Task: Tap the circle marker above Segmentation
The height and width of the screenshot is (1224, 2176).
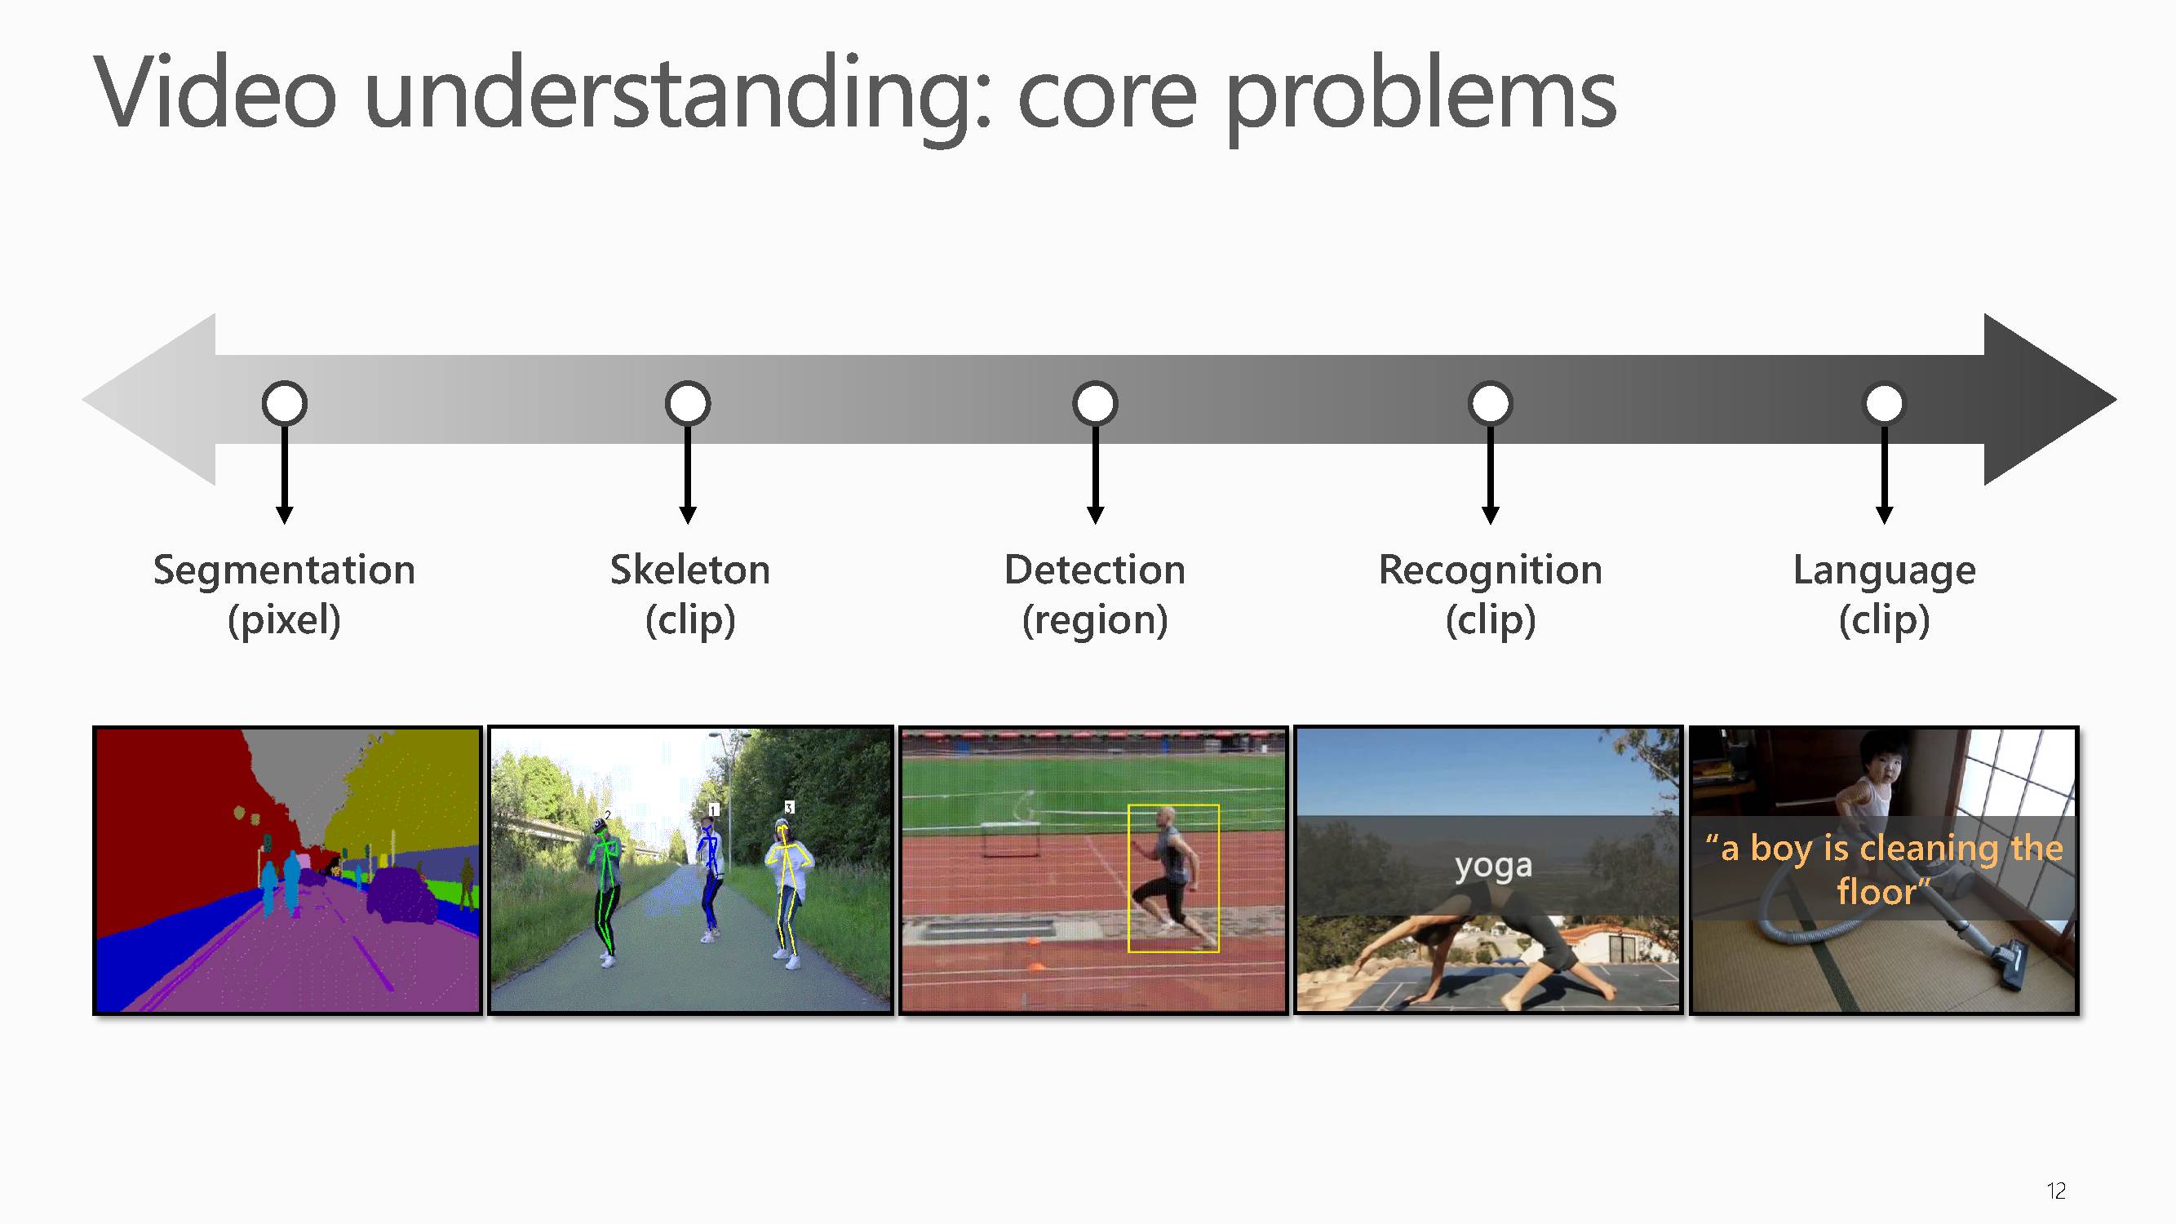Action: click(285, 403)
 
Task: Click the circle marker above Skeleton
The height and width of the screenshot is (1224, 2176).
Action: click(688, 403)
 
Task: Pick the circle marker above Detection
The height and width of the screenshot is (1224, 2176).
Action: click(1096, 403)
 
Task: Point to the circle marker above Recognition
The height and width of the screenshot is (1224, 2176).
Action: click(1490, 403)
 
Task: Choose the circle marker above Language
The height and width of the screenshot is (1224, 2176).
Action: click(1884, 403)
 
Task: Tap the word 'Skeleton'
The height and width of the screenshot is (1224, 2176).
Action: click(690, 570)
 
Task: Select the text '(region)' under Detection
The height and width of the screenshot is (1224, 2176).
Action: click(1095, 621)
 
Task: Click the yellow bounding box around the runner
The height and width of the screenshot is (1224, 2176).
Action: click(1128, 879)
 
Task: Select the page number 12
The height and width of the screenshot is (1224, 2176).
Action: click(2056, 1191)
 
